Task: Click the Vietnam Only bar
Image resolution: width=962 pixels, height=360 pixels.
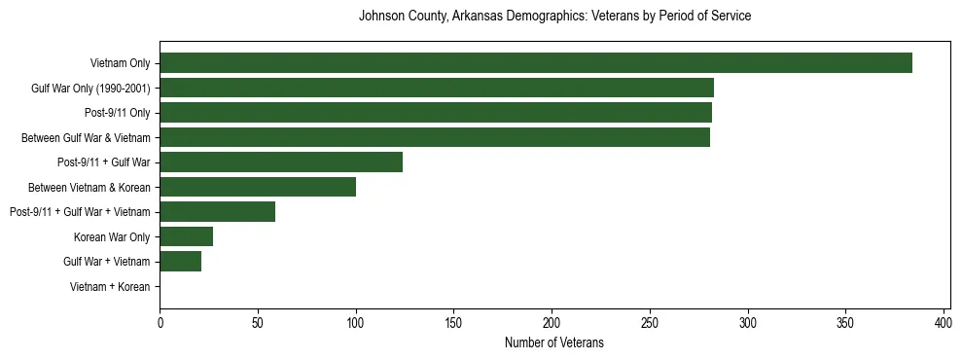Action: [536, 63]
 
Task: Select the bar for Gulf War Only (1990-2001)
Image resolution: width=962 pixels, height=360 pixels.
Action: [437, 89]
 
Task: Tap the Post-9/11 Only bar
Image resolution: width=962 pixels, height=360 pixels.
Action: [436, 113]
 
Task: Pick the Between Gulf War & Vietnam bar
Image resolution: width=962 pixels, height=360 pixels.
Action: [435, 138]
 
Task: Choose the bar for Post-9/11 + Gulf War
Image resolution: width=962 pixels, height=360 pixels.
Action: [281, 162]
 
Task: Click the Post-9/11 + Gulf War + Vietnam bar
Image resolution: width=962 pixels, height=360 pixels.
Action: [217, 212]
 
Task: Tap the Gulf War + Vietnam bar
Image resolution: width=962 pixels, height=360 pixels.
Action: [180, 262]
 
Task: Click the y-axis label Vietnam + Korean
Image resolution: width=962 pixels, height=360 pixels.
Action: [110, 287]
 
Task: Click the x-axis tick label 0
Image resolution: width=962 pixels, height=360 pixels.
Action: [160, 322]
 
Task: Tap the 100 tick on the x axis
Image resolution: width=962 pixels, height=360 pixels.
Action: [356, 322]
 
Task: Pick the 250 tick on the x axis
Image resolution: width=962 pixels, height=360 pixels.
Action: [650, 322]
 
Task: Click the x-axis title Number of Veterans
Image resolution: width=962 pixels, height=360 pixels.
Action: [554, 342]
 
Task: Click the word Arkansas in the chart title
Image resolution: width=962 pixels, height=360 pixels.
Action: [477, 17]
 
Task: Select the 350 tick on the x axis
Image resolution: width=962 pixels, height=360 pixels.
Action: [845, 322]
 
